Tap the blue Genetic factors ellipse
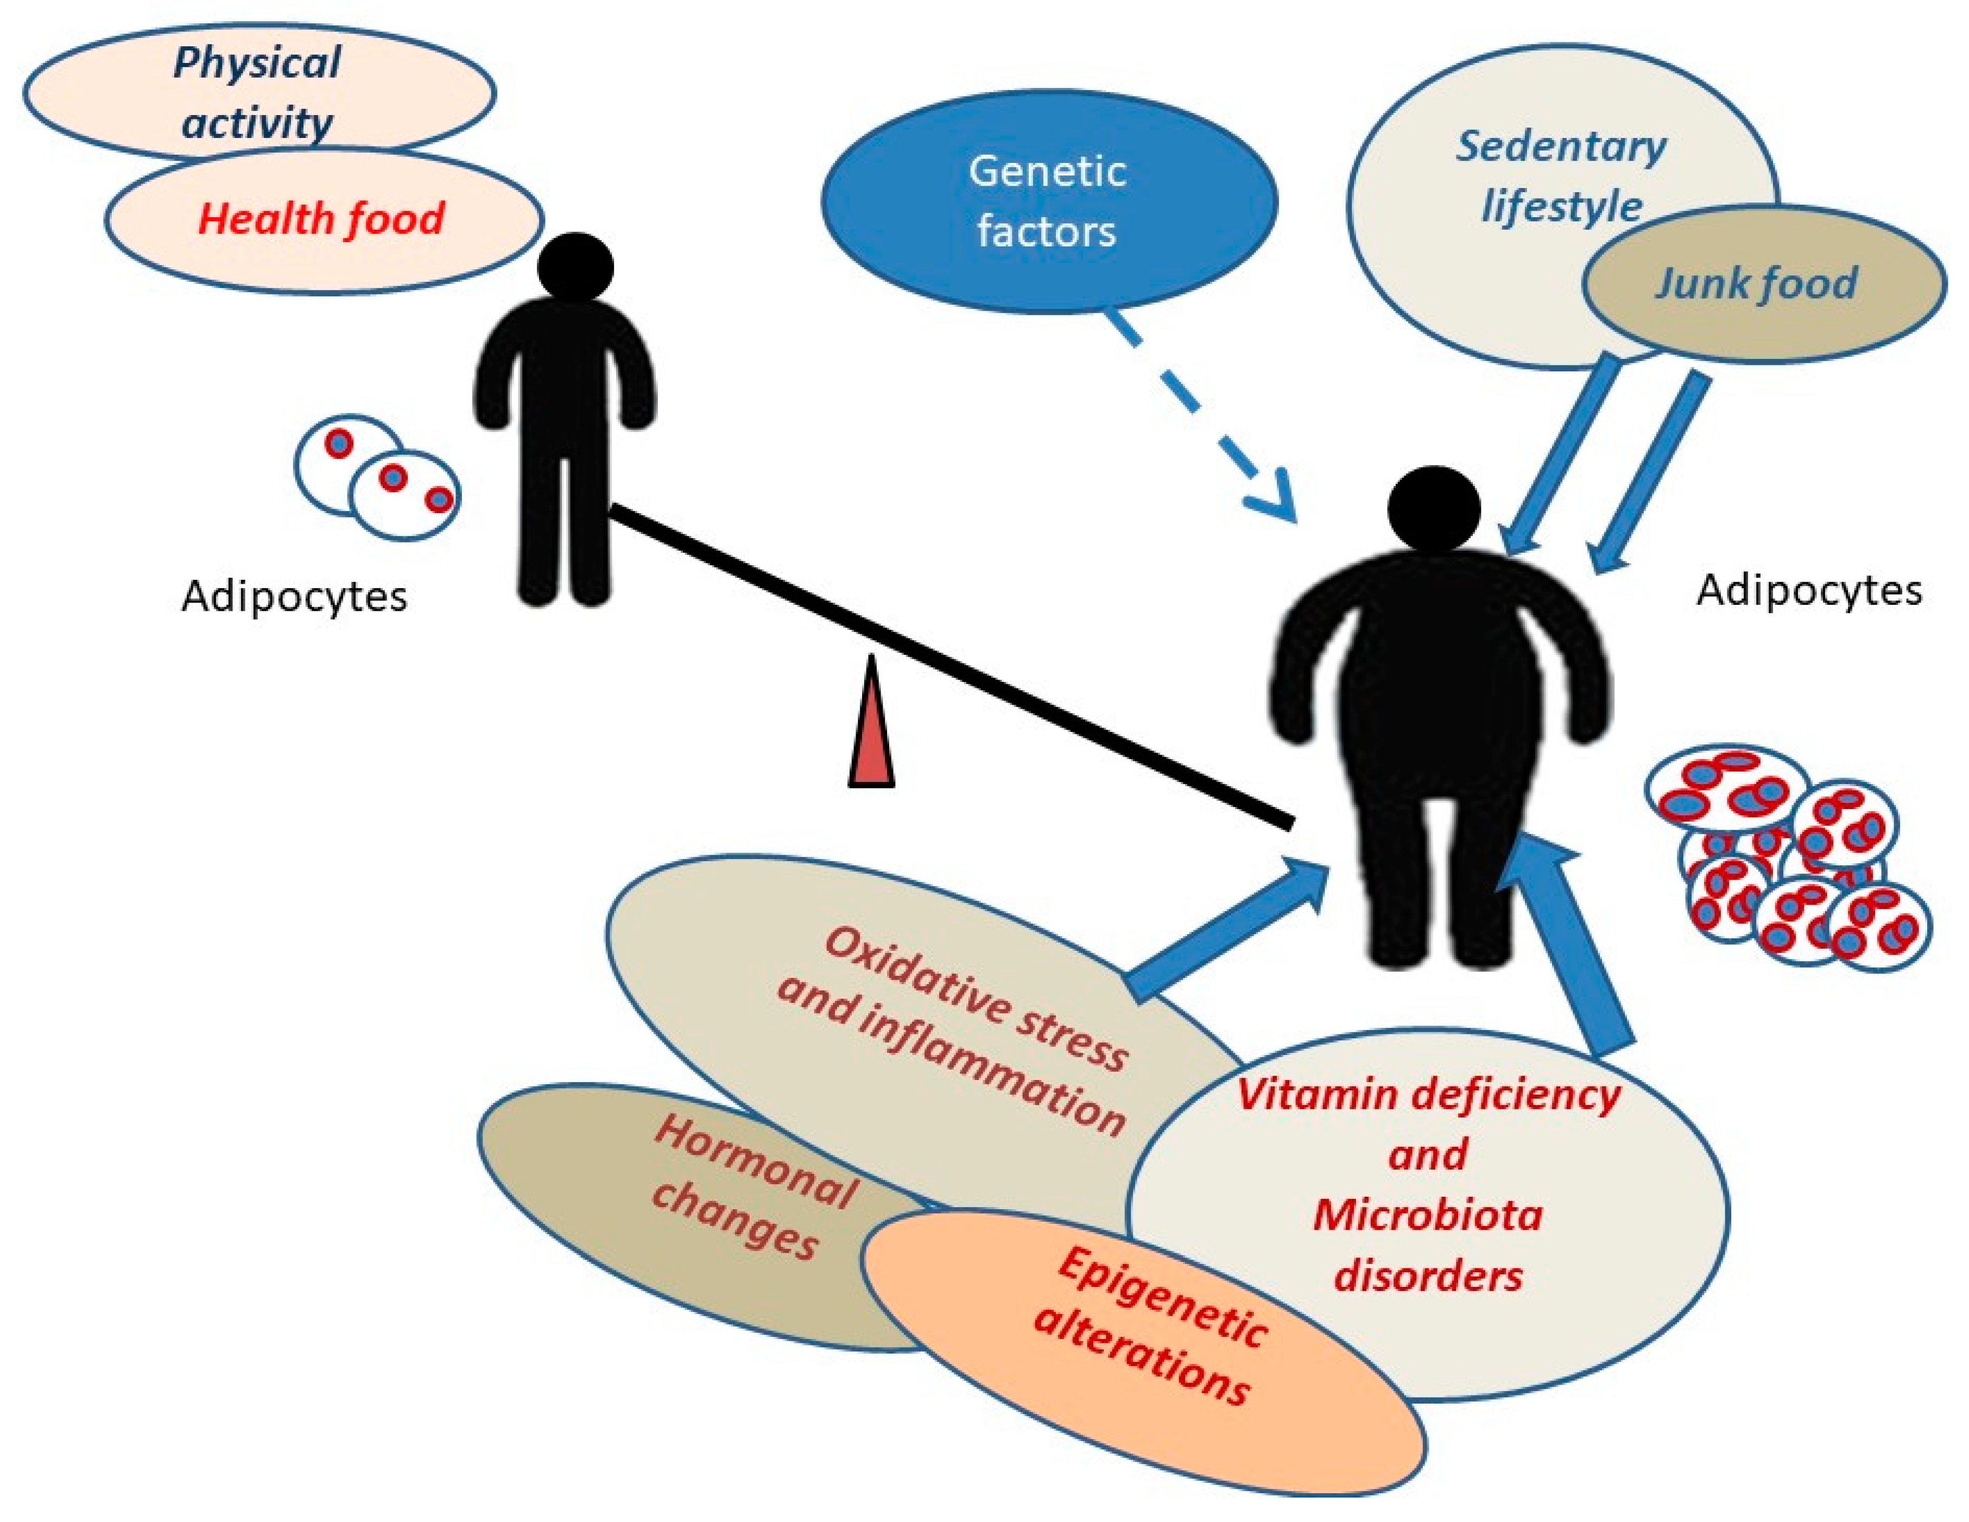click(x=1048, y=201)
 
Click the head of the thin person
click(x=575, y=268)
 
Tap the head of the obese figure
click(x=1434, y=507)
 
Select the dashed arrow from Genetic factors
click(x=1199, y=415)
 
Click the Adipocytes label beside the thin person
click(x=294, y=597)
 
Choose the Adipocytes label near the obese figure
click(x=1808, y=591)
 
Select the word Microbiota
click(x=1427, y=1215)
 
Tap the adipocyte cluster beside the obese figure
click(x=1785, y=857)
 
